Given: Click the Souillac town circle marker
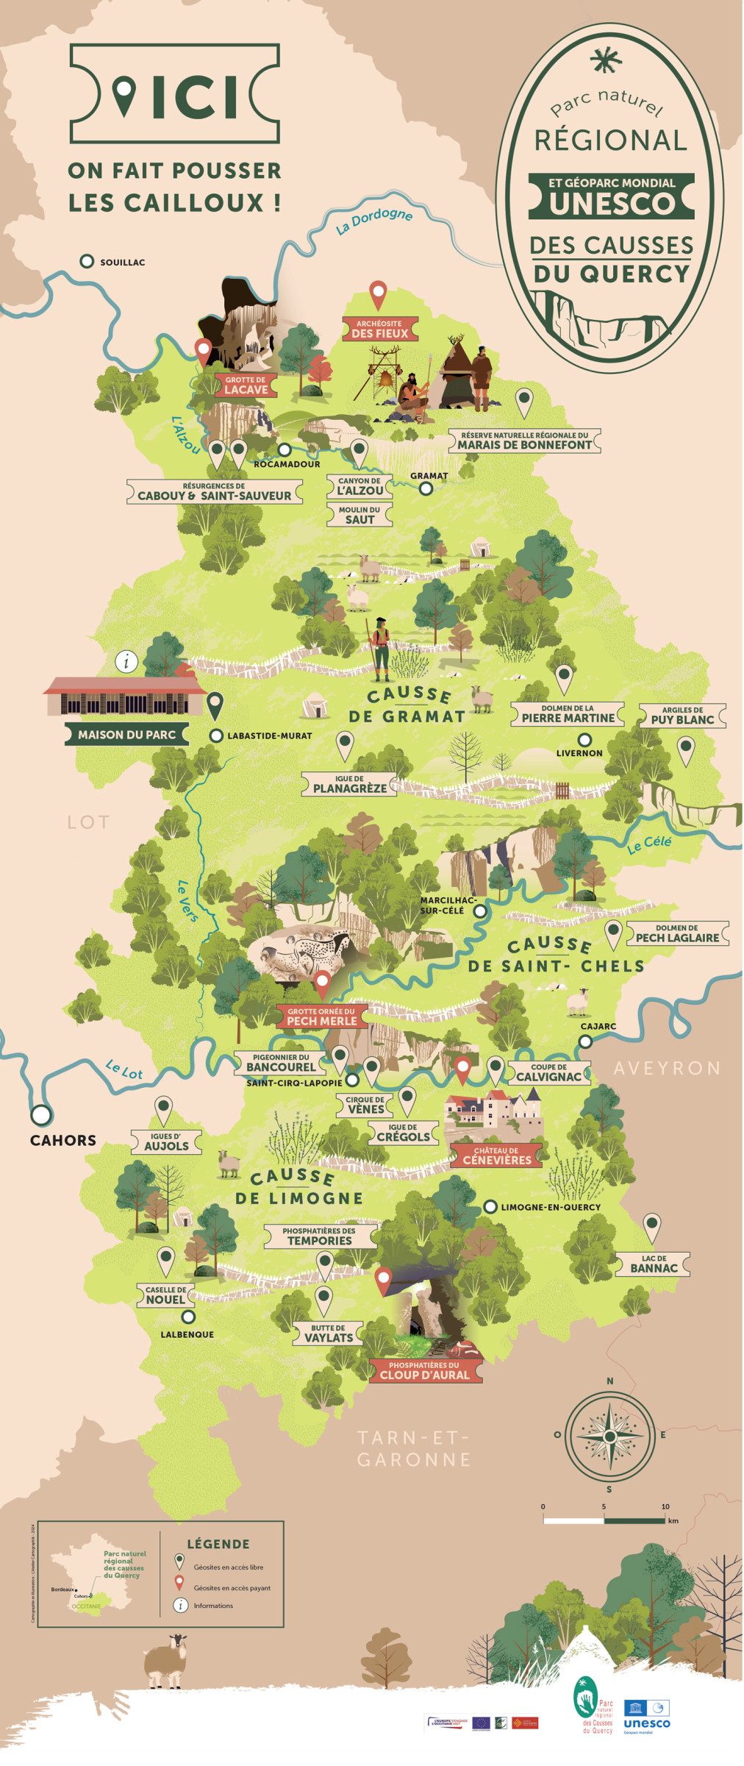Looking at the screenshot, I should pos(87,261).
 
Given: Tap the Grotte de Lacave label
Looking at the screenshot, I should pos(246,385).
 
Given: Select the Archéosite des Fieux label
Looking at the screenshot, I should pos(379,329).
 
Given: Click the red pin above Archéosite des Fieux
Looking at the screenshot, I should pos(378,293).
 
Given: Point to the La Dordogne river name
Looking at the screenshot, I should pos(374,220).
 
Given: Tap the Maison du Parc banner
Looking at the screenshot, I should pos(126,734).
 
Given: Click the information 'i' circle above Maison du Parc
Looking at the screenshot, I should pos(126,661).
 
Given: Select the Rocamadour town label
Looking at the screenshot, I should pos(287,464).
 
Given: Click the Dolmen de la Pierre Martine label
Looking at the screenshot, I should pos(568,714).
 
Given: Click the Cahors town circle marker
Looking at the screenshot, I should pos(41,1115).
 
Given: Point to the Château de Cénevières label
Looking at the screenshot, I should pos(496,1156).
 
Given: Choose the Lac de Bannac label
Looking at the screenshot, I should pos(654,1264).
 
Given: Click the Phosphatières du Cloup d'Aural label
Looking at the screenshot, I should pos(424,1370).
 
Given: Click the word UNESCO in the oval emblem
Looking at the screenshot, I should pos(612,204).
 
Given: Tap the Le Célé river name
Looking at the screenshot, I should pos(649,844).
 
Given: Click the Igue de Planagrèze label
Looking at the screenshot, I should pos(349,784).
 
